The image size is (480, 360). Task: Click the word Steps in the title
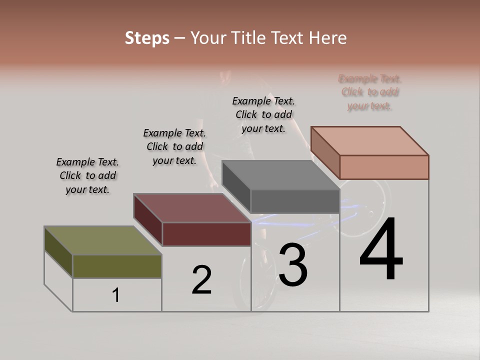click(147, 38)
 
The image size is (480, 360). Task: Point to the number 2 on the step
click(201, 280)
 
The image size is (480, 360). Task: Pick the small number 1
click(116, 295)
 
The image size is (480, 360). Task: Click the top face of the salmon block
click(369, 140)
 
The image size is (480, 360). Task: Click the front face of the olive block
click(117, 266)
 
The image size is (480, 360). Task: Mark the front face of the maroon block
click(206, 234)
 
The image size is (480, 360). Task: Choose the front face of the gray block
click(295, 201)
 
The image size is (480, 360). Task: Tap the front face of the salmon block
click(384, 167)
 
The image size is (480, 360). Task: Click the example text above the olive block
click(87, 175)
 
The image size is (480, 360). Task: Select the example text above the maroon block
click(174, 146)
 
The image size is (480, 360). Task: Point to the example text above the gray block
click(263, 114)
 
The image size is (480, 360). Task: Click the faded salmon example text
click(370, 92)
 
